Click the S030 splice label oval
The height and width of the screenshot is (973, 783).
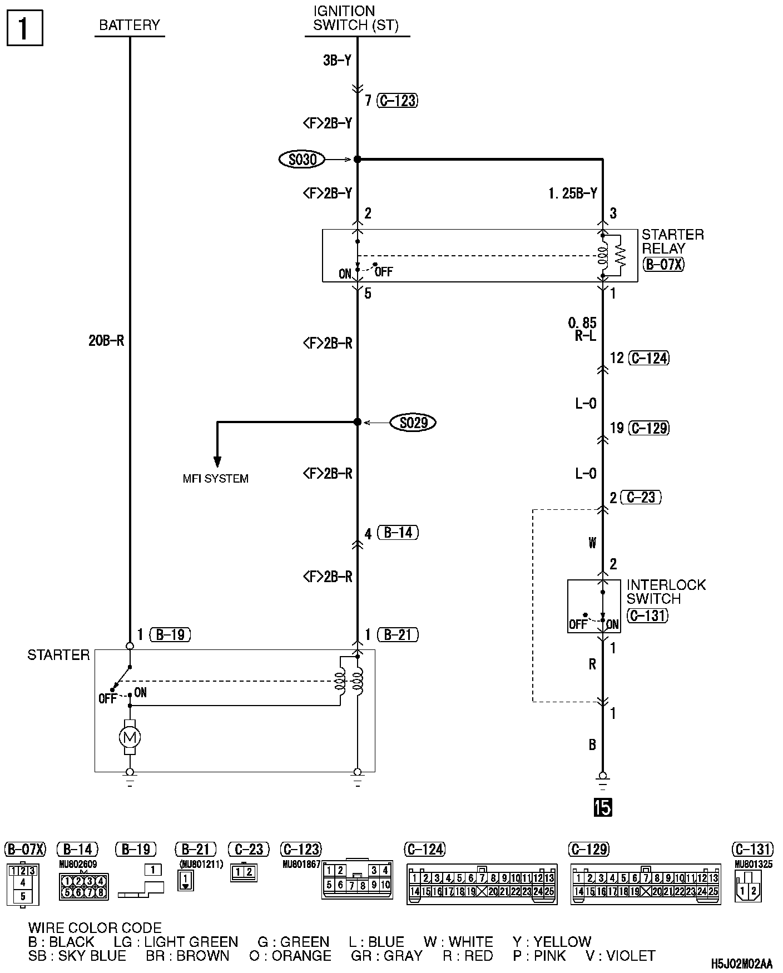tap(302, 160)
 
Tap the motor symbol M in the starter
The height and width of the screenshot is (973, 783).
tap(130, 737)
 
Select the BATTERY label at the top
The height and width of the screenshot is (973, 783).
tap(130, 25)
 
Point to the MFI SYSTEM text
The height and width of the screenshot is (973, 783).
tap(216, 479)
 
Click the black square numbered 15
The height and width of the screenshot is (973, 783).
tap(603, 807)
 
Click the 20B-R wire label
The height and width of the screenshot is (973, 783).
tap(106, 341)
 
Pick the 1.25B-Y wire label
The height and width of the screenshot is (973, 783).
tap(573, 193)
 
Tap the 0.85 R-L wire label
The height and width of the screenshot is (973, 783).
tap(582, 329)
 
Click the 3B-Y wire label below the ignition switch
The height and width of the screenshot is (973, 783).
tap(337, 60)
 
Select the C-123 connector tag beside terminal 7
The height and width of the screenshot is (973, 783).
tap(398, 101)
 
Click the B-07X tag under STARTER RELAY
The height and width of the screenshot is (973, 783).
tap(663, 264)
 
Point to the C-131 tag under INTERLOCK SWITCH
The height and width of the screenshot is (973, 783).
tap(647, 615)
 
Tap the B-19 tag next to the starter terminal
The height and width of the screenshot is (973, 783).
tap(170, 634)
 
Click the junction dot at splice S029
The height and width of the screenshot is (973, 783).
tap(358, 422)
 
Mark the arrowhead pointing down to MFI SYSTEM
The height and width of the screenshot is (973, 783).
tap(217, 462)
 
